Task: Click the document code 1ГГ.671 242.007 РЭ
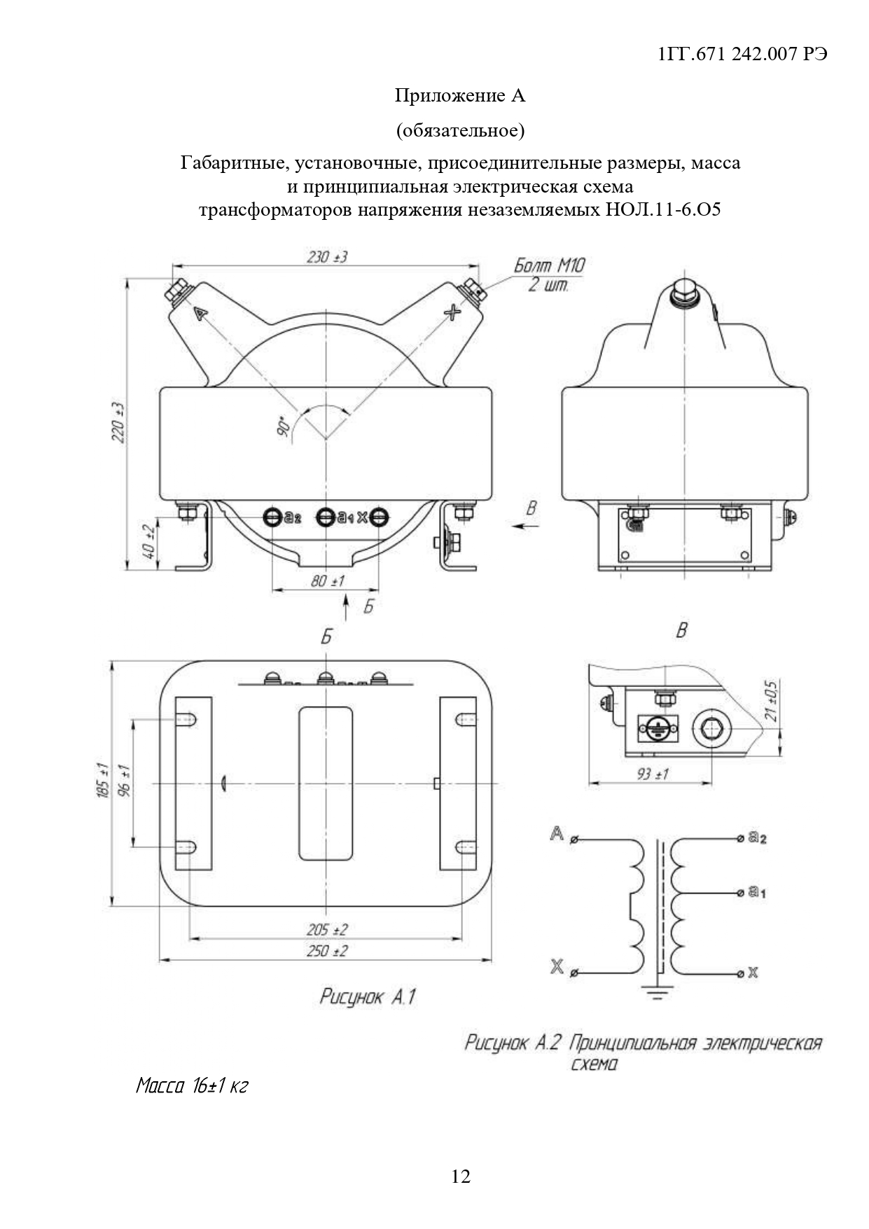click(744, 55)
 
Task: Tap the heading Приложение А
click(459, 95)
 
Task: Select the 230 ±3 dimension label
click(327, 257)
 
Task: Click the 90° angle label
click(284, 427)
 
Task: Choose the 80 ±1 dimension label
click(327, 581)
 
